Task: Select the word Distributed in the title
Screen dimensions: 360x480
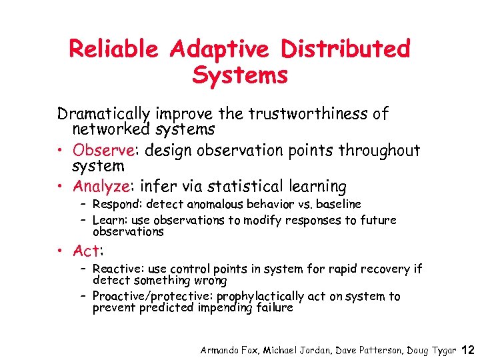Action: [345, 49]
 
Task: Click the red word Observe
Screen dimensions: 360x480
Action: [101, 151]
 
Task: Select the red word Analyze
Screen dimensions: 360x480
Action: [102, 186]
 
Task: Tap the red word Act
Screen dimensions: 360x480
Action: [87, 251]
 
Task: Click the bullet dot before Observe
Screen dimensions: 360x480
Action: [62, 151]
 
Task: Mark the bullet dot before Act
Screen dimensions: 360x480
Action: [62, 251]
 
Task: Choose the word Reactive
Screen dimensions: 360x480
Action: [115, 269]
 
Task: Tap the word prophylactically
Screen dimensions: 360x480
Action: [262, 296]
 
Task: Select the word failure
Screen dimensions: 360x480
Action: [275, 308]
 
